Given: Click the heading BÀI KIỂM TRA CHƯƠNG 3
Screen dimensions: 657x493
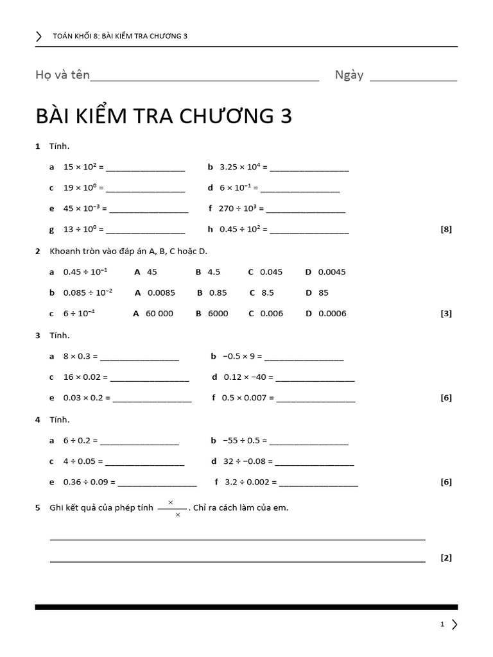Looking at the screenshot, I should point(164,116).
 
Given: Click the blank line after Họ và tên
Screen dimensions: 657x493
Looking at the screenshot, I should point(205,80).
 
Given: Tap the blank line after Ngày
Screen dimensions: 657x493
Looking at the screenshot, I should point(413,80).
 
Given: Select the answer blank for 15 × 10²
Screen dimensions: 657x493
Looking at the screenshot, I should point(145,170).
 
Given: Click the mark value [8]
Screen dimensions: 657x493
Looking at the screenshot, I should point(446,229).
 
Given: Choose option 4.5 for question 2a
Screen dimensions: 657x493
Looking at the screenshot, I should point(214,272).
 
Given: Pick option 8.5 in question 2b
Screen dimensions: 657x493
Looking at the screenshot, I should point(268,293).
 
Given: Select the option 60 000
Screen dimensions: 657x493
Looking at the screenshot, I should point(159,314).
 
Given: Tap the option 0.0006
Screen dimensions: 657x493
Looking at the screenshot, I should point(332,314).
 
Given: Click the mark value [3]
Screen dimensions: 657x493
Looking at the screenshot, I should point(446,314).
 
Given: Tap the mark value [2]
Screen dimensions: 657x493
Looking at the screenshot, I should point(446,558).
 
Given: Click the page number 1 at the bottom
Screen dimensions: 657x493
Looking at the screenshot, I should point(442,624).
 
